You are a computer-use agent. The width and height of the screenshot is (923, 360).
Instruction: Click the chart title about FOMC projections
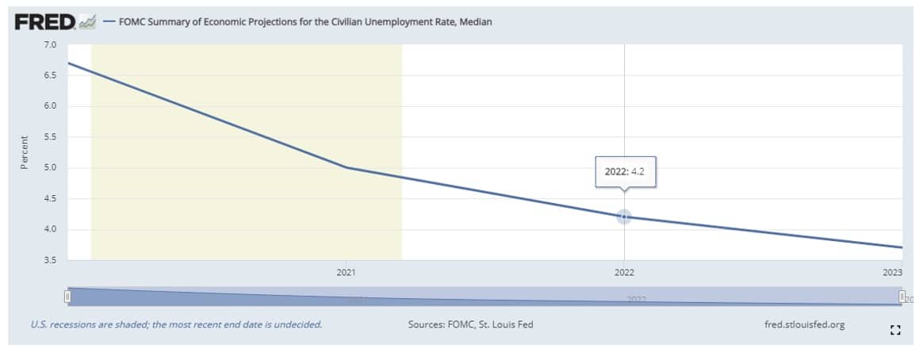(x=305, y=22)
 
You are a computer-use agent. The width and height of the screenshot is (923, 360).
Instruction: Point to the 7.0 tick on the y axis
(x=50, y=44)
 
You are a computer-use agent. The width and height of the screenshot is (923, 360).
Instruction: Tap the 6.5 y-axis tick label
(x=50, y=75)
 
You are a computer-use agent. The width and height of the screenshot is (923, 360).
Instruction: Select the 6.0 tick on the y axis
(x=50, y=106)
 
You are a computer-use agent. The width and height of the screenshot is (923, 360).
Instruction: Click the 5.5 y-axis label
(x=50, y=137)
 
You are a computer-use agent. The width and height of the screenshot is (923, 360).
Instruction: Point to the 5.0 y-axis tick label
(x=50, y=168)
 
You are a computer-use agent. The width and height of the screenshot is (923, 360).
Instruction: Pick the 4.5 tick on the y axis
(x=50, y=199)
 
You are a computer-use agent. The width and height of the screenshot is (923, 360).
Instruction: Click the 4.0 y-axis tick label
(x=50, y=230)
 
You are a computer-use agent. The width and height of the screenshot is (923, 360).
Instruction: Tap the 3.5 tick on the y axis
(x=50, y=260)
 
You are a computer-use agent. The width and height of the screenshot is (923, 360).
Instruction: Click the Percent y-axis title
(x=25, y=152)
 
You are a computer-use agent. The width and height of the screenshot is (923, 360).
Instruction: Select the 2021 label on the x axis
(x=346, y=272)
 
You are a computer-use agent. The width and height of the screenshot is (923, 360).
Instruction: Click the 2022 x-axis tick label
(x=624, y=272)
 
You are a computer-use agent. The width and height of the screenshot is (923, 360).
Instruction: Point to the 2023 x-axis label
(x=892, y=272)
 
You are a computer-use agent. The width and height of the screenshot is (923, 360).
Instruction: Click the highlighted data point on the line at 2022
(x=624, y=216)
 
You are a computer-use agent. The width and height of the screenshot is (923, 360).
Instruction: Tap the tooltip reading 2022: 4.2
(x=625, y=171)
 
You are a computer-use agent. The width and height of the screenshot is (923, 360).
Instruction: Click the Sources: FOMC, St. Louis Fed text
(x=470, y=324)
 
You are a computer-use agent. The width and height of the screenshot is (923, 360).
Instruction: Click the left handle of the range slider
(x=68, y=297)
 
